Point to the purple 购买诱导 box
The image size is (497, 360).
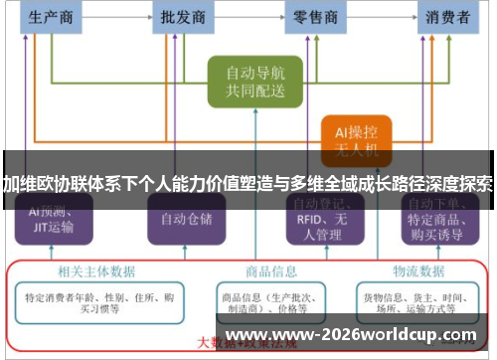[x=442, y=224]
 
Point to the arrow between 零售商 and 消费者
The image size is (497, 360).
[x=382, y=17]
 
